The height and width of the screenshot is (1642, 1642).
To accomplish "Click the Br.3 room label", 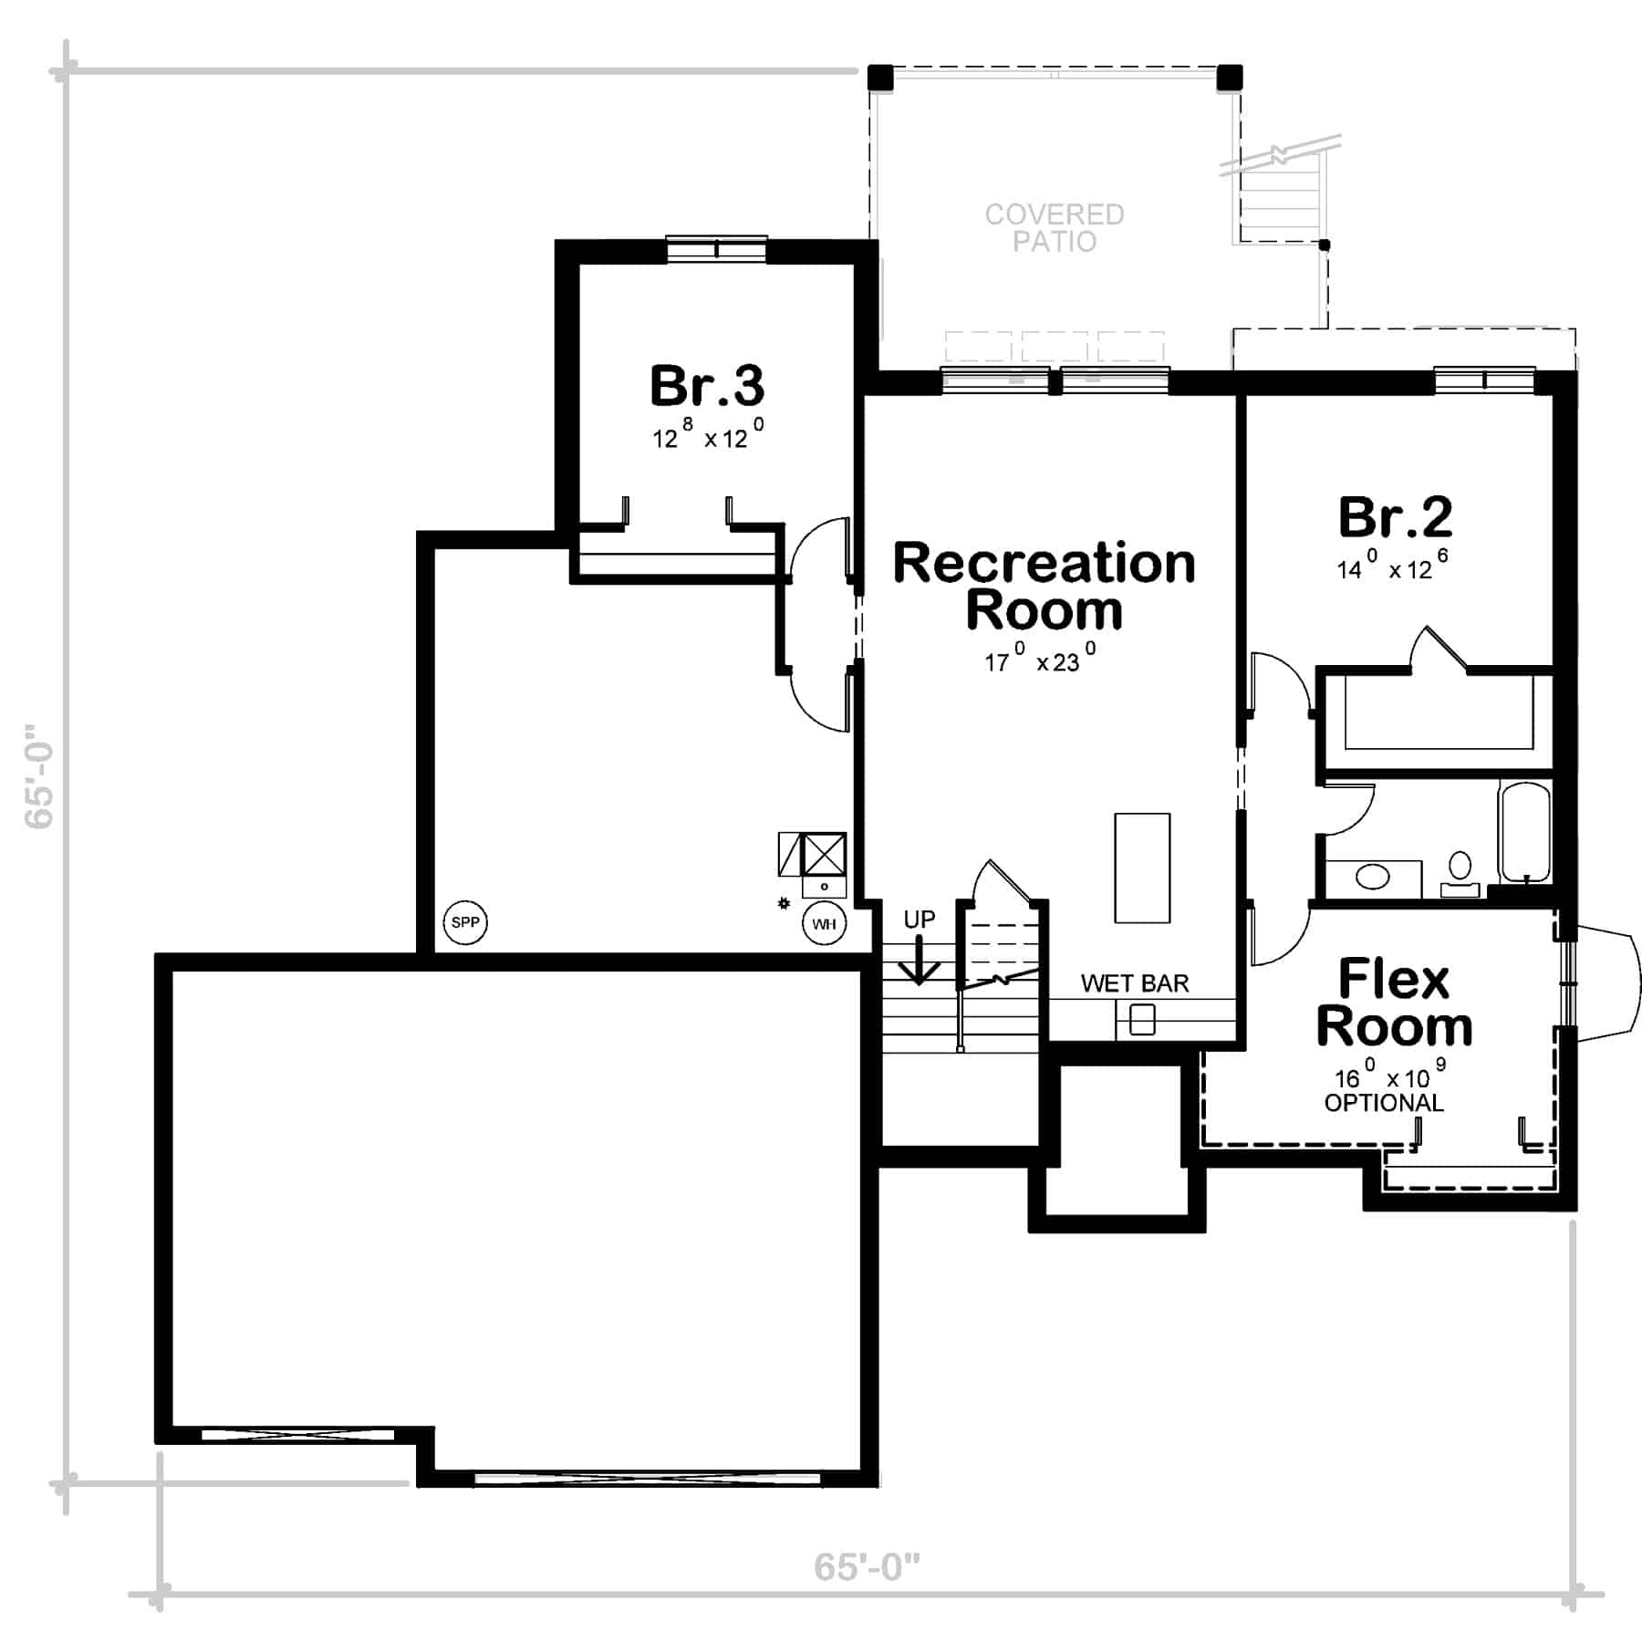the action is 707,386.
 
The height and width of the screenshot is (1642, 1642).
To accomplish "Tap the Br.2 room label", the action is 1395,517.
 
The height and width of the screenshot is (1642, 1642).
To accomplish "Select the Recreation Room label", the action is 1044,587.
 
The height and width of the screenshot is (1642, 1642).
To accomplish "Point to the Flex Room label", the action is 1394,1003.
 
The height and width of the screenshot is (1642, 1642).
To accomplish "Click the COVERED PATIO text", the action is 1055,228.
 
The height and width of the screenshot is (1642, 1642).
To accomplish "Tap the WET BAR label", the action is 1135,983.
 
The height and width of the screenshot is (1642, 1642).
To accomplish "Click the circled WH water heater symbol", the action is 824,924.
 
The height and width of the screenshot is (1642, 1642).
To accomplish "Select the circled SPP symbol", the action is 465,922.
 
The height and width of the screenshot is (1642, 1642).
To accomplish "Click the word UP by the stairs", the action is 920,920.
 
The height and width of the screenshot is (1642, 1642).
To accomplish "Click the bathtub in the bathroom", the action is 1524,832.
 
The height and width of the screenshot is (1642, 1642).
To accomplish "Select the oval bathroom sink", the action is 1373,878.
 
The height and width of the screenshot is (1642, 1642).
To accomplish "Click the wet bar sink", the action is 1142,1019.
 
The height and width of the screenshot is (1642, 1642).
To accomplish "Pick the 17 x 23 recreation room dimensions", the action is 1040,658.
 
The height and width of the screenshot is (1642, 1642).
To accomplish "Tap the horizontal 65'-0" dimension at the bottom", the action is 867,1567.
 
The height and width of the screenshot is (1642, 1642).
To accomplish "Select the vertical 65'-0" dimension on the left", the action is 39,776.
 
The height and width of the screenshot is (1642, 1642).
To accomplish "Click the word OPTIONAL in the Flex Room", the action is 1384,1103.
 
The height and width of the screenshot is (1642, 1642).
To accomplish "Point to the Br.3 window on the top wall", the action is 716,249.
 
